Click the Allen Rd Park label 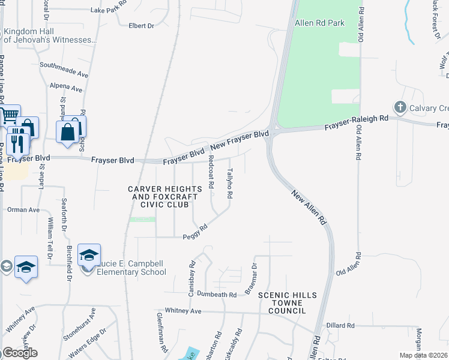pos(320,23)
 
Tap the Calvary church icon pos(400,107)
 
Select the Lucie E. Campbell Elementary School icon pos(88,256)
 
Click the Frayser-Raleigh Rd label pos(357,123)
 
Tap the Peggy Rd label pos(195,232)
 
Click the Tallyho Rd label pos(229,183)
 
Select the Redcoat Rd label pos(211,172)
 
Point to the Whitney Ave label pos(183,311)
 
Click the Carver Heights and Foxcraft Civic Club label pos(159,197)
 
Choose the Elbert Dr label pos(142,26)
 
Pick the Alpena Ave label pos(66,88)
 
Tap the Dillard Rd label pos(341,325)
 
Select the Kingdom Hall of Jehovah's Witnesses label pos(50,35)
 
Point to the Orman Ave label pos(23,210)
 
